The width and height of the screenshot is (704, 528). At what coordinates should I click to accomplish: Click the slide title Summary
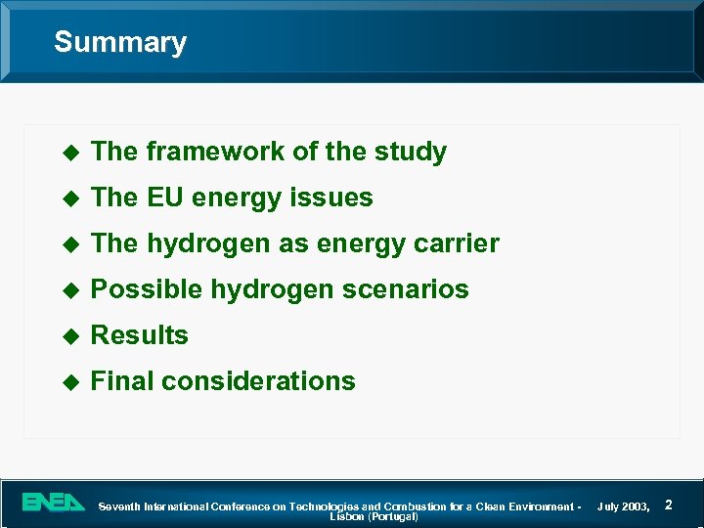119,42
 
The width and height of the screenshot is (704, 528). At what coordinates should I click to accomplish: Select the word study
410,152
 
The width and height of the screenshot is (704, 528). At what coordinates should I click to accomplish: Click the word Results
139,335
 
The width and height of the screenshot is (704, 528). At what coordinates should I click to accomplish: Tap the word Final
122,380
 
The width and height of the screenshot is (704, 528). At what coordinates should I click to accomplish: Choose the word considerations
258,380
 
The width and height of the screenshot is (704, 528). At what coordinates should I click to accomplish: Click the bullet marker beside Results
68,335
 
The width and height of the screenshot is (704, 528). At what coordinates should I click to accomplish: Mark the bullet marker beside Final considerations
68,381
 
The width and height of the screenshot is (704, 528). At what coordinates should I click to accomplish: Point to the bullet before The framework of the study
68,153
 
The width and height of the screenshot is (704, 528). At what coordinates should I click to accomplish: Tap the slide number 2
668,504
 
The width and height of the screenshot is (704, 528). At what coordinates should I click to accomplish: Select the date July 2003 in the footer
623,506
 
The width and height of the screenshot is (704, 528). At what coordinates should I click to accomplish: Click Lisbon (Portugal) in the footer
374,516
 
